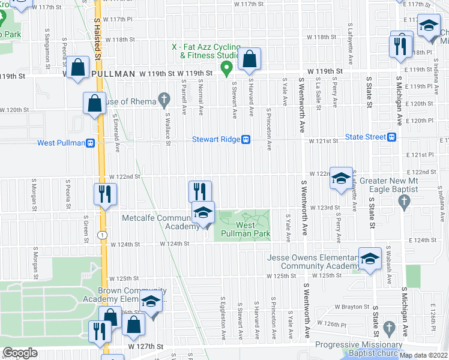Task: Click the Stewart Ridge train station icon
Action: [246, 139]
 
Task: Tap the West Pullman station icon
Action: [91, 143]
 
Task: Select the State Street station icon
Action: [391, 137]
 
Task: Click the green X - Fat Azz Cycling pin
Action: [226, 68]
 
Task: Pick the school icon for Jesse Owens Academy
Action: [370, 259]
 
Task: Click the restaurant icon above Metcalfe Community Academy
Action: [200, 192]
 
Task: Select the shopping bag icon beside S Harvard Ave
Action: [249, 59]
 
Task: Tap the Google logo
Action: [20, 353]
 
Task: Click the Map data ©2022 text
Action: [424, 355]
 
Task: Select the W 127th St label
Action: [146, 347]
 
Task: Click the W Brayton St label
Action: [349, 307]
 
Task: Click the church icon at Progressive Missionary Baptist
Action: [388, 328]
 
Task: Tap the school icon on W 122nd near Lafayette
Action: [341, 178]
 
